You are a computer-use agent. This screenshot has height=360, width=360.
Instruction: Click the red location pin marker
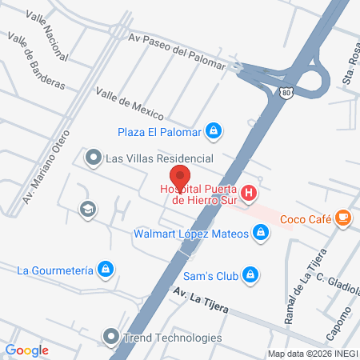coord(180,177)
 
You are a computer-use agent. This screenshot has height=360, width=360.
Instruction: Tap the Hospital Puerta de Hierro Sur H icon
coord(249,193)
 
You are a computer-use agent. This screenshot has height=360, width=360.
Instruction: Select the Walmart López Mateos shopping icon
coord(260,233)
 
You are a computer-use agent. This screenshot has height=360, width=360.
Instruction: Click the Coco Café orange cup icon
coord(342,218)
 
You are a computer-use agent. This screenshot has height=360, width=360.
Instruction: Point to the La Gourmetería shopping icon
coord(104,269)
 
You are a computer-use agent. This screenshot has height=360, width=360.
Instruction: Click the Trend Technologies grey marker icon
coord(110,337)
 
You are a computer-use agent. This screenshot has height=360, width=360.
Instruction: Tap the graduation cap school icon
coord(86,209)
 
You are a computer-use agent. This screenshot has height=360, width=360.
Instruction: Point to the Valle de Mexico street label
coord(130,103)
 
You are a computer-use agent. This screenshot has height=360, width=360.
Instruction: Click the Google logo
coord(27,350)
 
